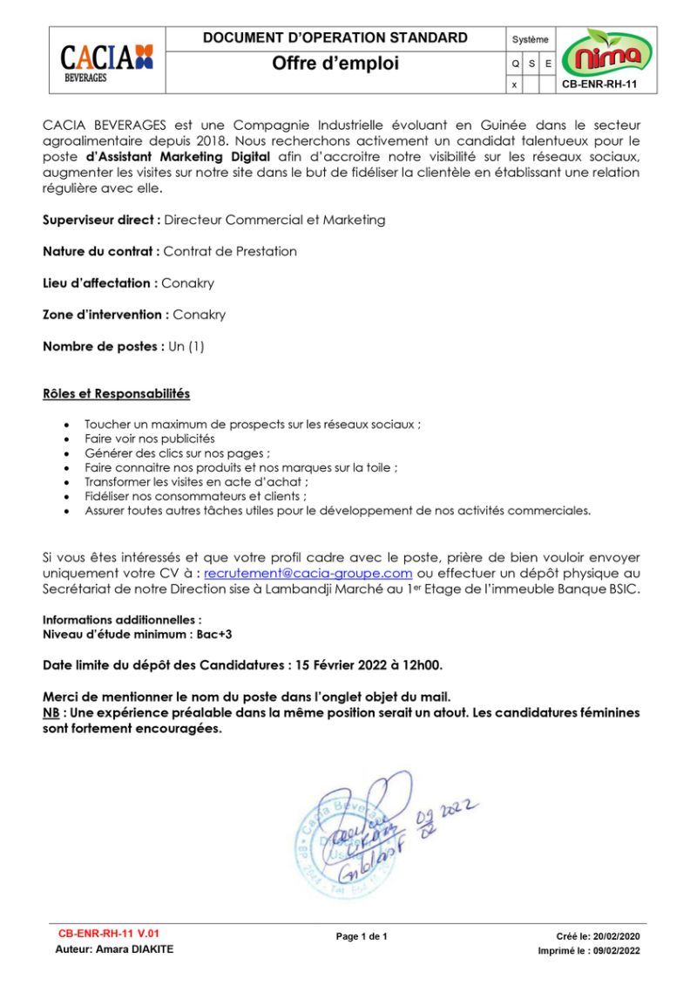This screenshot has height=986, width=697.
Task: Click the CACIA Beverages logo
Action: pyautogui.click(x=106, y=61)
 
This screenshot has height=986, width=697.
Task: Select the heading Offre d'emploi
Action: pyautogui.click(x=335, y=64)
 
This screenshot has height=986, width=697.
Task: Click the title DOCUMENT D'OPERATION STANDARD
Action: pyautogui.click(x=335, y=37)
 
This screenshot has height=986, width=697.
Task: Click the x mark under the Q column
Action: pyautogui.click(x=514, y=85)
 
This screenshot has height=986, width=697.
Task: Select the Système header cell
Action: pyautogui.click(x=531, y=39)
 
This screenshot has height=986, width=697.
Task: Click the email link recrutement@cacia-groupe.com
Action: pyautogui.click(x=308, y=573)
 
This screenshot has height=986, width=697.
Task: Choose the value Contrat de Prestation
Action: pyautogui.click(x=230, y=251)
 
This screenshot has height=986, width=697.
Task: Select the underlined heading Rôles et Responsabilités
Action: pyautogui.click(x=116, y=394)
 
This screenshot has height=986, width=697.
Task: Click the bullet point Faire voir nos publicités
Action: pyautogui.click(x=149, y=439)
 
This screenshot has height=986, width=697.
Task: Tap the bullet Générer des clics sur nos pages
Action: pyautogui.click(x=177, y=453)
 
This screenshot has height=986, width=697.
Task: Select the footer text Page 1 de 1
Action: pyautogui.click(x=362, y=936)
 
